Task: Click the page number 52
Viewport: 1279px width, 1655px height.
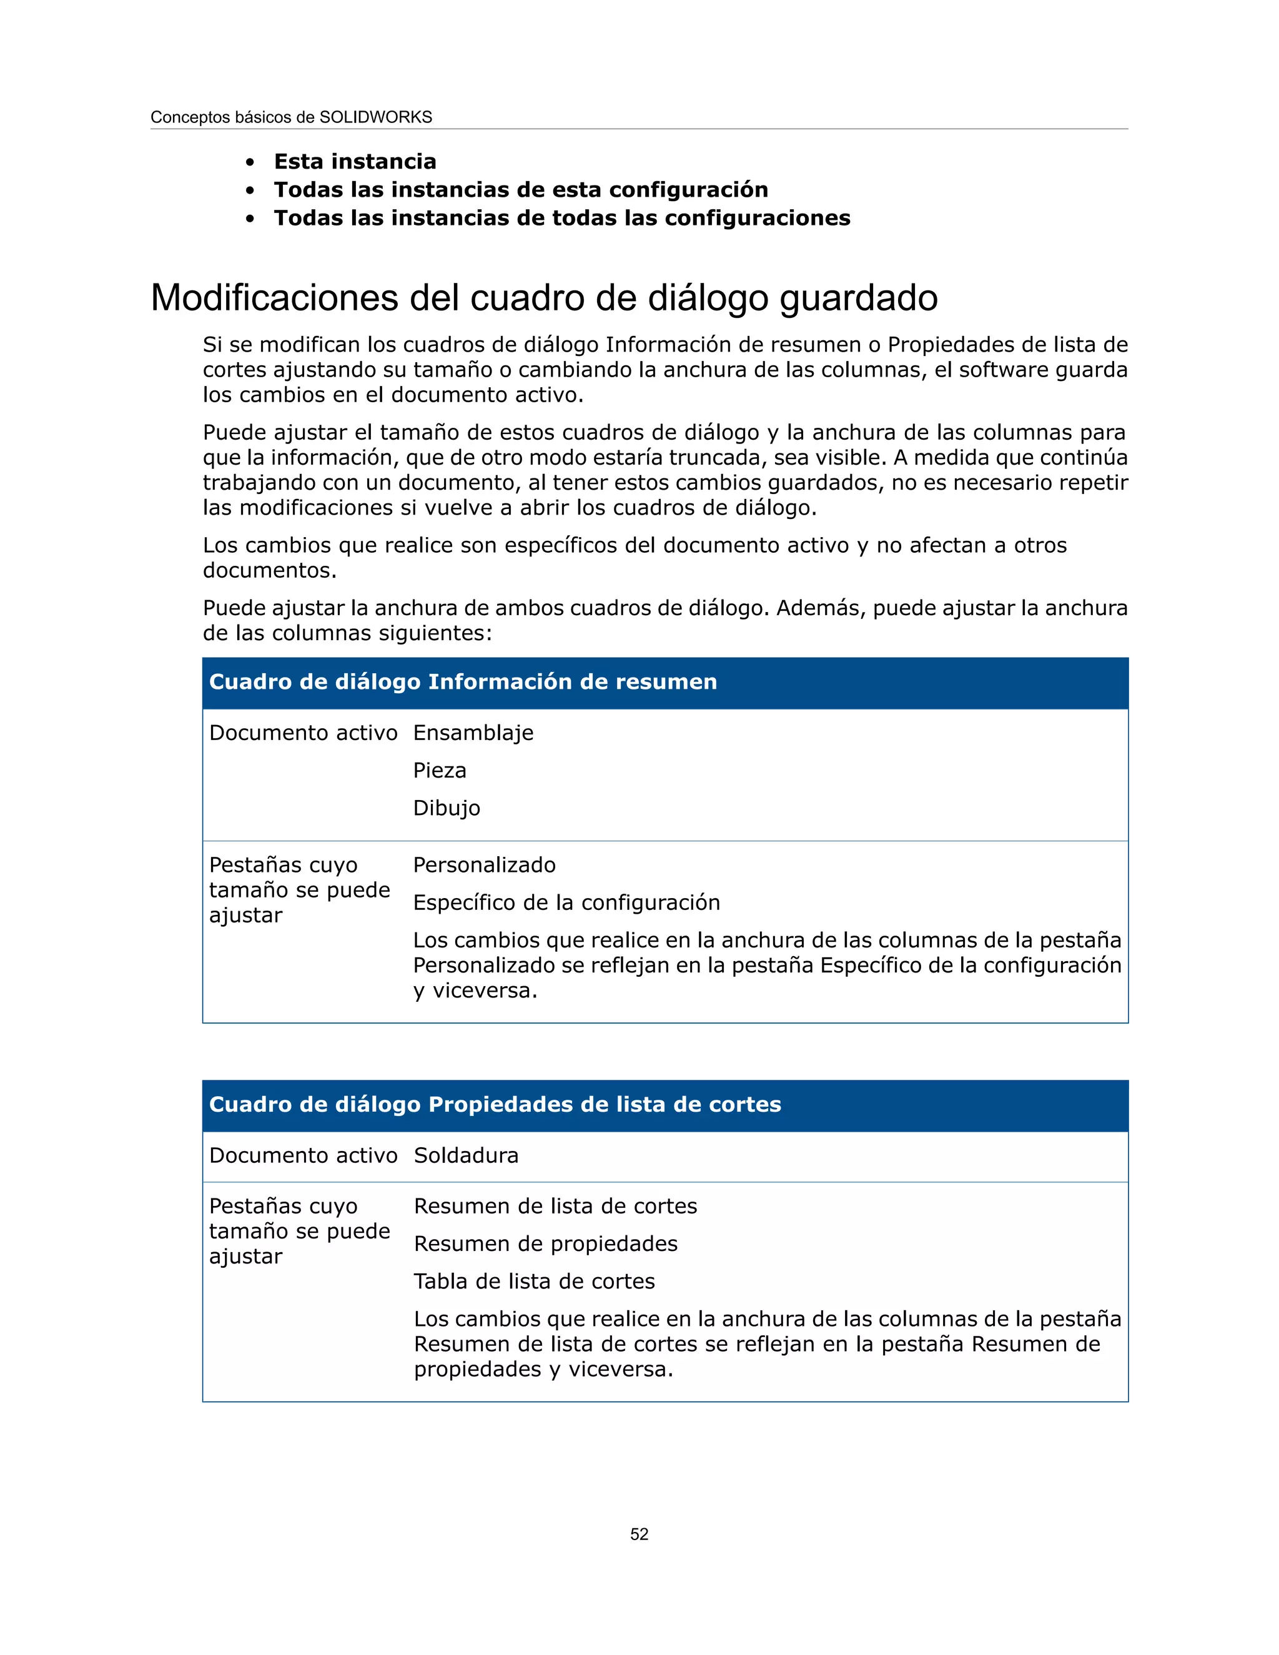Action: tap(639, 1534)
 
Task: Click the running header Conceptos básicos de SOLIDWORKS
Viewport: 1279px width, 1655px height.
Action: tap(291, 117)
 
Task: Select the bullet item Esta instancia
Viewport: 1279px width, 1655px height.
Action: tap(355, 161)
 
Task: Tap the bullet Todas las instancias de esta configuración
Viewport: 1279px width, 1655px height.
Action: tap(521, 189)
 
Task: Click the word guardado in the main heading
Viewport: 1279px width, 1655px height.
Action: tap(859, 298)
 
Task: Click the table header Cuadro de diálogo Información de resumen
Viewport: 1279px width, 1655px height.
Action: tap(462, 682)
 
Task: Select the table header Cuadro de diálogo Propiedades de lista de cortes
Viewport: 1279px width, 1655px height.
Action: tap(495, 1104)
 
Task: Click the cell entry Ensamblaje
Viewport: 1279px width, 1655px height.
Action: tap(473, 733)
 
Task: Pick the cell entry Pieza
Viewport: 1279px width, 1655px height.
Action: tap(440, 771)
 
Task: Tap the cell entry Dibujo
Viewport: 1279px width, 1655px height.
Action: tap(447, 808)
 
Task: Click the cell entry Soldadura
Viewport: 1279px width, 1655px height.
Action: tap(466, 1155)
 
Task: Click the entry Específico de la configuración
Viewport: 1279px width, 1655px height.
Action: tap(566, 902)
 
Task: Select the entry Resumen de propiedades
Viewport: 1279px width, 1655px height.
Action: tap(546, 1243)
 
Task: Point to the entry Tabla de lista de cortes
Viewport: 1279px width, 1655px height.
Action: tap(534, 1282)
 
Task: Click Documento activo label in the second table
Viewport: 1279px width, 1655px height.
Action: tap(303, 1155)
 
